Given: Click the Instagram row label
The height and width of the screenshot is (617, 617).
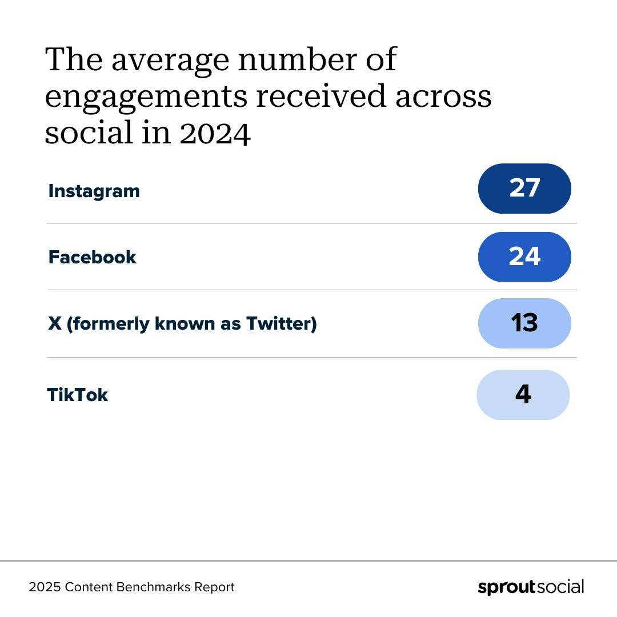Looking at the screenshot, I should [94, 191].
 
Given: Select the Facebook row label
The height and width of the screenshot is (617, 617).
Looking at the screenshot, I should [92, 257].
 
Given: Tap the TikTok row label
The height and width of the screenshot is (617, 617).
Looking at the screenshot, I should [77, 395].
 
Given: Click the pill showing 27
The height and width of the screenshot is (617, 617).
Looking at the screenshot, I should [524, 189].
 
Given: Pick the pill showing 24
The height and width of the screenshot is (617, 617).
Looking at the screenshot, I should [524, 257].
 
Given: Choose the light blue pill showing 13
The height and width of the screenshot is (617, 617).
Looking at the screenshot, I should [524, 323].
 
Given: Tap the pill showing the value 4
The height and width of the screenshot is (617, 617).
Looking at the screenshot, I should [523, 395].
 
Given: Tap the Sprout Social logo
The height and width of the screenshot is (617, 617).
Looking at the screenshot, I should [531, 587].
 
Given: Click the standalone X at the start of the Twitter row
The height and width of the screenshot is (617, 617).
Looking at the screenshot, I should [55, 324].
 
